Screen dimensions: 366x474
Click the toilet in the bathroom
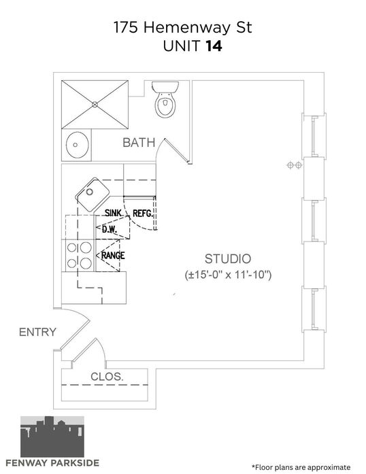(x=165, y=99)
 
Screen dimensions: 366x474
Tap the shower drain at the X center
(x=95, y=105)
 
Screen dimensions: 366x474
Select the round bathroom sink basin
(x=78, y=145)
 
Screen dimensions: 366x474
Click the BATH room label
(x=139, y=142)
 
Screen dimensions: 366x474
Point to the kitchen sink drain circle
(x=90, y=192)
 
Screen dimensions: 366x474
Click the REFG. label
(x=143, y=214)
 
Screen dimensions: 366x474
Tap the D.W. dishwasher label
(x=110, y=229)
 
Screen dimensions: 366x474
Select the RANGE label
(x=113, y=256)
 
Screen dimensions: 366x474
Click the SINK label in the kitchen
(x=113, y=213)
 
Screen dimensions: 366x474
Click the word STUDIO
(x=228, y=259)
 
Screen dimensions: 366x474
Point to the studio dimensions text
(x=228, y=275)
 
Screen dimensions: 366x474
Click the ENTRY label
(x=37, y=332)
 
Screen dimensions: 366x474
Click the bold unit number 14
(x=214, y=46)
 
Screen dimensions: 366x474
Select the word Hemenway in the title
(x=186, y=28)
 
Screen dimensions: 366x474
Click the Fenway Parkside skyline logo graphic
(x=52, y=437)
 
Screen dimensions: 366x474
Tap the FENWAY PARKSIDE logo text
(x=52, y=463)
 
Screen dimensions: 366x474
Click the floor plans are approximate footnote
(x=301, y=467)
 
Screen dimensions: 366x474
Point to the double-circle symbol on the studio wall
(x=295, y=165)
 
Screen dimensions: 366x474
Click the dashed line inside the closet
(x=105, y=385)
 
